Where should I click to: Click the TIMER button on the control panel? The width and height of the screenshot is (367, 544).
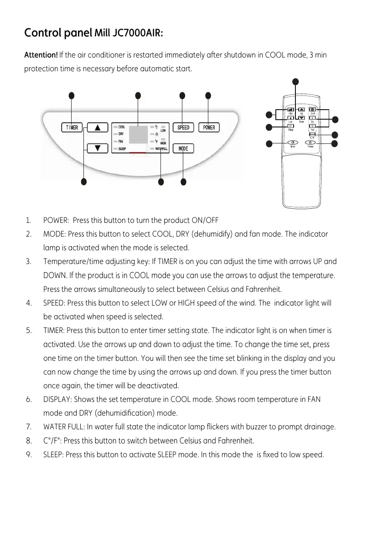click(72, 127)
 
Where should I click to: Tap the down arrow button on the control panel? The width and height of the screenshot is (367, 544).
click(97, 148)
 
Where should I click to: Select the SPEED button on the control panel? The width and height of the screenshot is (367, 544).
click(183, 127)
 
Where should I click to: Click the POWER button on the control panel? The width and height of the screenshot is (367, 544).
click(209, 127)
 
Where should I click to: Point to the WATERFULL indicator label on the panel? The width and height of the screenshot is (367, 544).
click(162, 149)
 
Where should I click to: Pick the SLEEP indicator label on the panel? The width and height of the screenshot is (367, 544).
click(123, 149)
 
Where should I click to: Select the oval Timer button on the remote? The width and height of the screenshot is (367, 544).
click(292, 143)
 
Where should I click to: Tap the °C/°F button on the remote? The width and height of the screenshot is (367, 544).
click(313, 134)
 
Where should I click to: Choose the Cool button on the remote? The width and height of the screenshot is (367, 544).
click(313, 110)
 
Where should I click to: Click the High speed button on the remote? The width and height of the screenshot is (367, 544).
click(290, 110)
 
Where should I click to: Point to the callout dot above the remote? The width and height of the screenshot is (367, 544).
click(295, 82)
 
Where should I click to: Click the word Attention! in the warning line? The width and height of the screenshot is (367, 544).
click(41, 56)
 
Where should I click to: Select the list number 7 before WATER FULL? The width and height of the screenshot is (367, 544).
click(29, 427)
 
